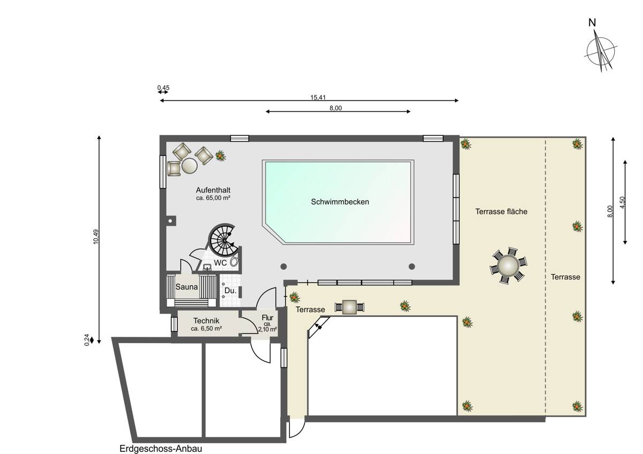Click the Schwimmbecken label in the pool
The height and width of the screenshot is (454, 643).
(340, 202)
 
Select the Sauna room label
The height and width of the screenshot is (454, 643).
(186, 287)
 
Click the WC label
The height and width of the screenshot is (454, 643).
(220, 263)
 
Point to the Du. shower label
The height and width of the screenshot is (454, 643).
(230, 291)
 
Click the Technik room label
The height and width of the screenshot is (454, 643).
(206, 321)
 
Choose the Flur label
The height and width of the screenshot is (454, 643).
(267, 318)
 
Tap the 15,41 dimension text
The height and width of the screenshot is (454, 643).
(318, 97)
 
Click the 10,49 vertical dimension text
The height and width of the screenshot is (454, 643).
(95, 237)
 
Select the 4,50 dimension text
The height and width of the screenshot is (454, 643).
(622, 203)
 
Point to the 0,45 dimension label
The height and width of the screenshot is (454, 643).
(163, 87)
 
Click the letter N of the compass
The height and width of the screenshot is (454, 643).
(592, 22)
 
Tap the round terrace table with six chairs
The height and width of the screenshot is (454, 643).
(508, 266)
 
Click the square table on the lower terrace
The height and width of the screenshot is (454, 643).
(349, 307)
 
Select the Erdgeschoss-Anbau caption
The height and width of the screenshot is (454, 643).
(161, 449)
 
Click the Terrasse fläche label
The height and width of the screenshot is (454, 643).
(501, 211)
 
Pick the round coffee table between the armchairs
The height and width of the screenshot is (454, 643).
(190, 166)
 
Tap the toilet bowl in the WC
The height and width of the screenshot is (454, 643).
(235, 261)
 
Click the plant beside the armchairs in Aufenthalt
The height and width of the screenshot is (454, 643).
(220, 156)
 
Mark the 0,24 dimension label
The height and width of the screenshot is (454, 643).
(87, 340)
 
